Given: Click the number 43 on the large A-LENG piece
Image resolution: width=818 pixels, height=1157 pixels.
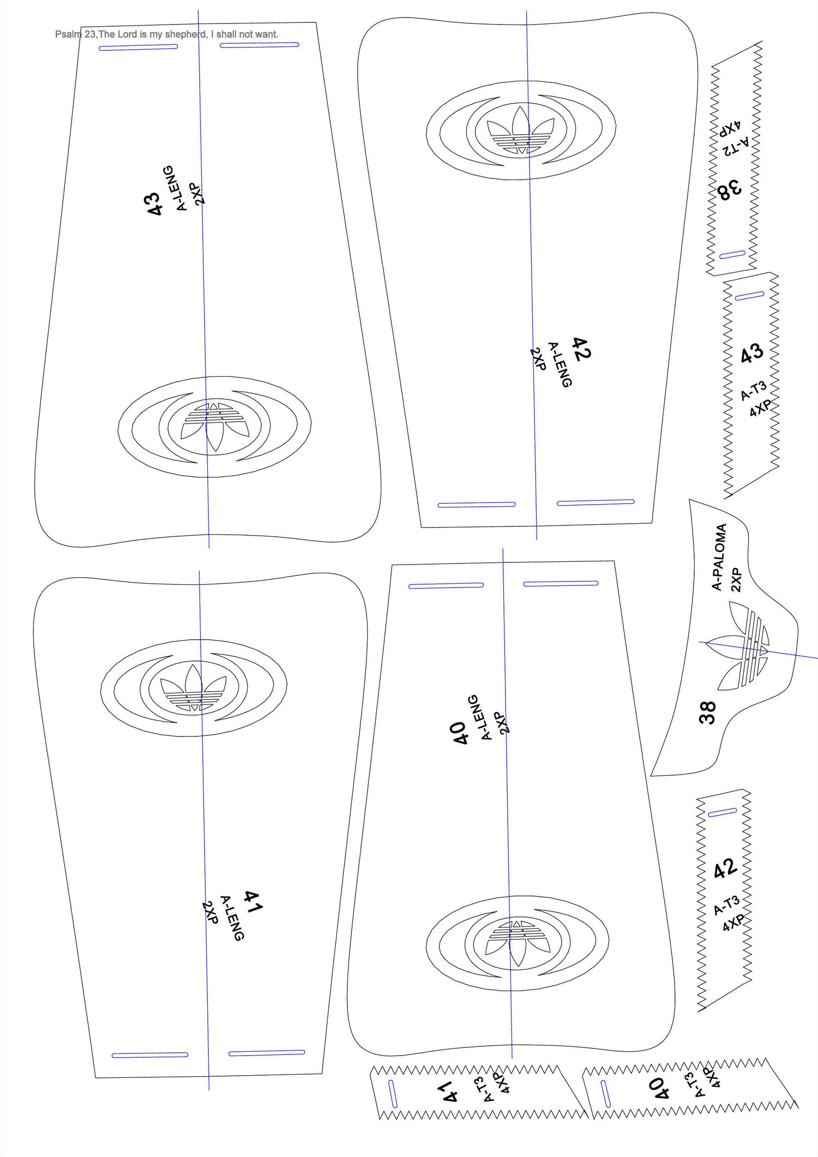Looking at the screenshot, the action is (x=155, y=203).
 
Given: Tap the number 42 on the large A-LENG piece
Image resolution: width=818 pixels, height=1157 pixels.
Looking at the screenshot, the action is (x=581, y=349).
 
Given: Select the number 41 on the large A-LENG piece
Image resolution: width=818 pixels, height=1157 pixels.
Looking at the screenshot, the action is (x=253, y=902).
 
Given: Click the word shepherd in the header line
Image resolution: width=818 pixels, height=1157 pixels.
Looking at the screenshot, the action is (x=185, y=34).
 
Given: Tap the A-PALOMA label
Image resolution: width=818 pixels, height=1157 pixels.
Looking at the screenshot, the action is (x=719, y=557).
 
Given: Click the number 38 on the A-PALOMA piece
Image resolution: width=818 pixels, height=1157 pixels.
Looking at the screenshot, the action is (x=707, y=712).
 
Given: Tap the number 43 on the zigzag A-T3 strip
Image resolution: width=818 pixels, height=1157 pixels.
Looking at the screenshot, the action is (x=752, y=353).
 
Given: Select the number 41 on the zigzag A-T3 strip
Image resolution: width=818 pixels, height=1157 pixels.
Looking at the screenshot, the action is (x=448, y=1091).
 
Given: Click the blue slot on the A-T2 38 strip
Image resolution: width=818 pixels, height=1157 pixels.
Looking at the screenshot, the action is (x=732, y=255).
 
